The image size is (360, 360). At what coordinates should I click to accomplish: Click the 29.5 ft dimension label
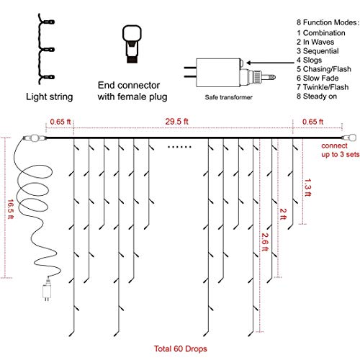coord(176,122)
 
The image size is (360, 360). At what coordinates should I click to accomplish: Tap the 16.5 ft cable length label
coord(11,209)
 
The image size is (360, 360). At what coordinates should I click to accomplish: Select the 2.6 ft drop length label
coord(265,242)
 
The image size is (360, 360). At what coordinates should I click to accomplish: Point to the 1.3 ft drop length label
coord(307,187)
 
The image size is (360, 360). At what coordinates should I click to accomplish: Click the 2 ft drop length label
coord(283,214)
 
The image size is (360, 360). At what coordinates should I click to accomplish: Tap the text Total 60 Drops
coord(180,348)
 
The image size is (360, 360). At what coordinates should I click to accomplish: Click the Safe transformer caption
coord(228,97)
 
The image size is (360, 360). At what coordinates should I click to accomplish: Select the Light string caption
coord(50,96)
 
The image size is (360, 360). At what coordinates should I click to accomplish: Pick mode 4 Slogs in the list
coord(309,60)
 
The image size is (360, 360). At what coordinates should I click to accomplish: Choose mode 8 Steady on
coord(317,96)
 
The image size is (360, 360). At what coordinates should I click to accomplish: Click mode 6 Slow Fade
coord(318,78)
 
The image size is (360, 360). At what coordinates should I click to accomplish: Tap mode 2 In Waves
coord(315,42)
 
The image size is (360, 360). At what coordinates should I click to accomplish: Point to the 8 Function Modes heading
coord(328,22)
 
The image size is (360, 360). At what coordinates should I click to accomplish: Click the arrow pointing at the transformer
coord(270,63)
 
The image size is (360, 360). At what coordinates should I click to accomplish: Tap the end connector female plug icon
coord(132,44)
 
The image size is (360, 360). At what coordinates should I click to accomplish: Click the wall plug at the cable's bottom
coord(47,290)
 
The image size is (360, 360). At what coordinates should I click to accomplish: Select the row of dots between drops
coord(179,147)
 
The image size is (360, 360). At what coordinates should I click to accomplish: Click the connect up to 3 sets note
coord(340,150)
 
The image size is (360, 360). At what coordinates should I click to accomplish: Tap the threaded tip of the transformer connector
coord(272,77)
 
